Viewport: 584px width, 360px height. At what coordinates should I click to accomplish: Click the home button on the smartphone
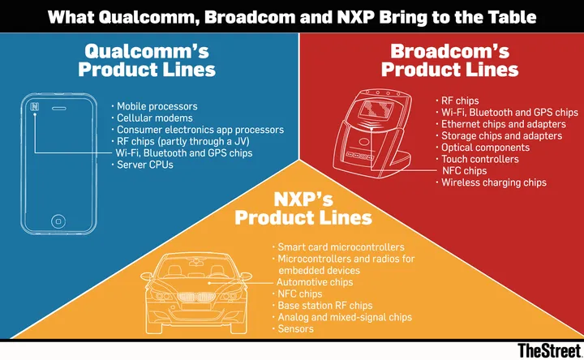pyautogui.click(x=58, y=221)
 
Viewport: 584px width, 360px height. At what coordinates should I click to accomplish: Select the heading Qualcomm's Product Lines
pyautogui.click(x=147, y=60)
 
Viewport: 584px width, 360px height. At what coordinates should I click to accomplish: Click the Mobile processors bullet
pyautogui.click(x=157, y=106)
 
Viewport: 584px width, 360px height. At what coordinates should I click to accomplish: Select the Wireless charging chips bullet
pyautogui.click(x=493, y=182)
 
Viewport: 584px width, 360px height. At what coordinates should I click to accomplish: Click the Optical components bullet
pyautogui.click(x=485, y=148)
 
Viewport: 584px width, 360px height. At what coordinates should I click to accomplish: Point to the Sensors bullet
pyautogui.click(x=295, y=328)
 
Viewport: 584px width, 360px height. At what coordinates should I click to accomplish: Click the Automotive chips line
pyautogui.click(x=315, y=281)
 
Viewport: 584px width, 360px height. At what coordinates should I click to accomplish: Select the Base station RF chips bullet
pyautogui.click(x=324, y=305)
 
